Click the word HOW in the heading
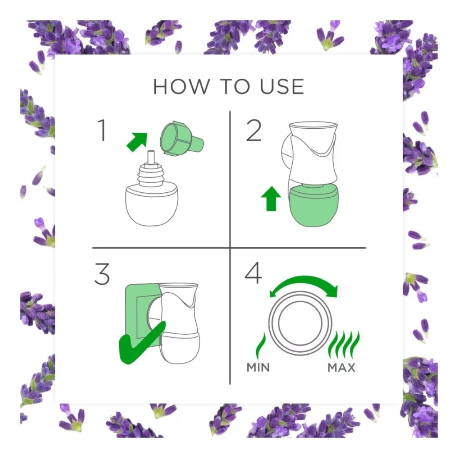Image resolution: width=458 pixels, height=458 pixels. point(182,87)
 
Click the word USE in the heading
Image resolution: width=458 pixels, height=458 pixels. point(282,87)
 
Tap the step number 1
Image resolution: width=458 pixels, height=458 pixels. point(102,130)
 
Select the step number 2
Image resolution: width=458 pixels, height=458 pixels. point(254,131)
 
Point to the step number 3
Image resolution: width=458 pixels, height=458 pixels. point(102,274)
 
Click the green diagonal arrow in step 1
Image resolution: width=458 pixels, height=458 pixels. point(137,142)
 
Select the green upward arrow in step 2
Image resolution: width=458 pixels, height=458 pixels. point(271,198)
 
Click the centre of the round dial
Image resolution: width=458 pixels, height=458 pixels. point(300,324)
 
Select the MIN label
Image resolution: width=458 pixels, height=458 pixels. point(258,368)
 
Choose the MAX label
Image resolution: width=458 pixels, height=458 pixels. point(341,368)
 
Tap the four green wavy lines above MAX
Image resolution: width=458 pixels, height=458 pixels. point(344,345)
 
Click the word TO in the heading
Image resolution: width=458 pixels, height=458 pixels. point(235,87)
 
